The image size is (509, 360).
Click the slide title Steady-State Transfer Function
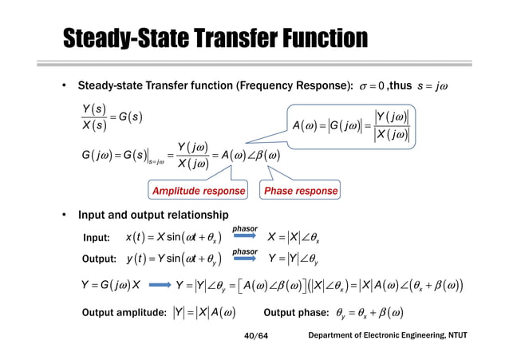[215, 38]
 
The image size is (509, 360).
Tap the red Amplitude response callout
[195, 192]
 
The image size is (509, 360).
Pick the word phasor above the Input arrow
[244, 228]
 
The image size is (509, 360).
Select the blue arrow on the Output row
[244, 261]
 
